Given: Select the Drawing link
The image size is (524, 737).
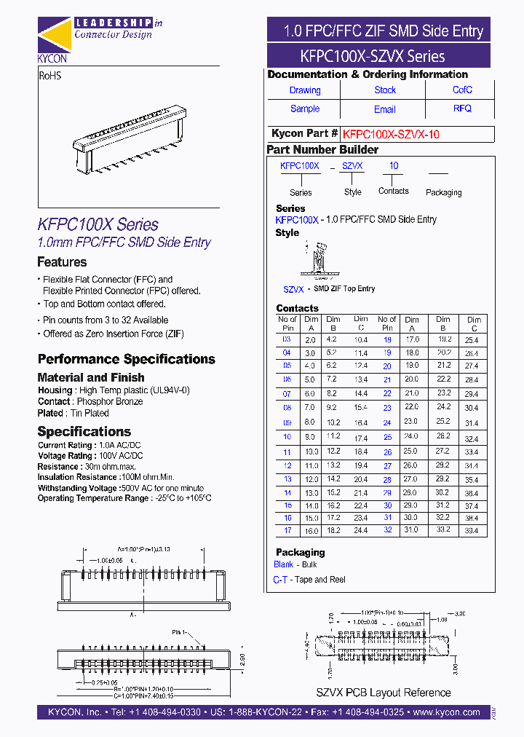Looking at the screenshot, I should [305, 90].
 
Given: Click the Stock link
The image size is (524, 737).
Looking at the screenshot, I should [385, 90].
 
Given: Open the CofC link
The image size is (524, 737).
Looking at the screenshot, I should [462, 90].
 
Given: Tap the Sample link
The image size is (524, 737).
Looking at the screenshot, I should [305, 109].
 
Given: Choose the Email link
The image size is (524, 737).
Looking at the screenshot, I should [385, 109].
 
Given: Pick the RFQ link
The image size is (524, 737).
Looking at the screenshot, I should [462, 109].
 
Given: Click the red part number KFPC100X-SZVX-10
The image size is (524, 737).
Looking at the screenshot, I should [391, 134].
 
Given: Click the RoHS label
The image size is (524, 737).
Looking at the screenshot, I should [50, 75].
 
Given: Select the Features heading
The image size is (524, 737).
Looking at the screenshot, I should [62, 262].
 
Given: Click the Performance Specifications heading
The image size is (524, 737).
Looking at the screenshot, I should [126, 359].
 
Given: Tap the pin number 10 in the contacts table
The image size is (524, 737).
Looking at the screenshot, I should [287, 437].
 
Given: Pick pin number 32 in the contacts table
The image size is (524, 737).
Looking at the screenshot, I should [387, 529].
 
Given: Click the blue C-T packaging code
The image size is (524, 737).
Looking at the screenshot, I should [279, 580].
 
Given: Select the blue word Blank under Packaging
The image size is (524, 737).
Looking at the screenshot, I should [284, 564].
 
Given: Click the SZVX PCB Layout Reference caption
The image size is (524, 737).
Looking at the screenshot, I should [383, 693].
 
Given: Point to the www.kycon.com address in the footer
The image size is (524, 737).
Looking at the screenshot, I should [447, 712].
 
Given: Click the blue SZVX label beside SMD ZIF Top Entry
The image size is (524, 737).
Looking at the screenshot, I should [293, 289].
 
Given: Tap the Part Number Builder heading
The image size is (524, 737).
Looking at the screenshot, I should [322, 149].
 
